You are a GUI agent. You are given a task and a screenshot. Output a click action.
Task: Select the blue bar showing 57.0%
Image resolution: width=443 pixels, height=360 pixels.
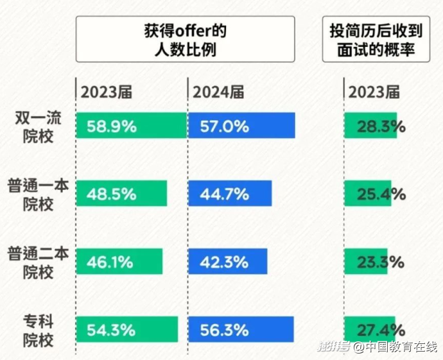(241, 126)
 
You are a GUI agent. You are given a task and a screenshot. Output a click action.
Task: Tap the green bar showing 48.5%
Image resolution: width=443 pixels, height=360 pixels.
(121, 193)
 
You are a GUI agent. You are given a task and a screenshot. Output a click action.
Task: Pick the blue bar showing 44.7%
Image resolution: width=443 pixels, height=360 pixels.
(230, 193)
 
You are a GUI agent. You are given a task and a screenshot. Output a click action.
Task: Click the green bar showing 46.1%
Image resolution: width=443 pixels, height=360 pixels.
(119, 261)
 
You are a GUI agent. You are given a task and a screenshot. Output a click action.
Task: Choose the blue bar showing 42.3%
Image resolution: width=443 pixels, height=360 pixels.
(227, 261)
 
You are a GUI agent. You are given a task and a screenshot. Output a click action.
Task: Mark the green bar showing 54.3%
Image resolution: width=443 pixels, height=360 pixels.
(126, 329)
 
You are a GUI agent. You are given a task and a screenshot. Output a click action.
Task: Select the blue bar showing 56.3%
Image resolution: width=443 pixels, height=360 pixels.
(241, 329)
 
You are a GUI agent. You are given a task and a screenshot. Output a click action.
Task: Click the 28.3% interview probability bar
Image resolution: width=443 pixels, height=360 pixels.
(371, 126)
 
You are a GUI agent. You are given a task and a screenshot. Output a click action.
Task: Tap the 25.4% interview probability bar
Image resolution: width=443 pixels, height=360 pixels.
(368, 193)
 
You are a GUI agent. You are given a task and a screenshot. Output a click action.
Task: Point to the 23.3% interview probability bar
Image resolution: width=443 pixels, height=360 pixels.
(366, 261)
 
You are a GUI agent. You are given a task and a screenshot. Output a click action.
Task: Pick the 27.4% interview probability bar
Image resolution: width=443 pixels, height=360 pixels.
(370, 329)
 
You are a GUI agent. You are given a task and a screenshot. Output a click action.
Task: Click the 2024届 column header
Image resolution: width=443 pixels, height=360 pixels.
(218, 92)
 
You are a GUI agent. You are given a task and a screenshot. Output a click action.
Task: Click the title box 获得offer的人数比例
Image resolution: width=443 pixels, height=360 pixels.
(186, 40)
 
